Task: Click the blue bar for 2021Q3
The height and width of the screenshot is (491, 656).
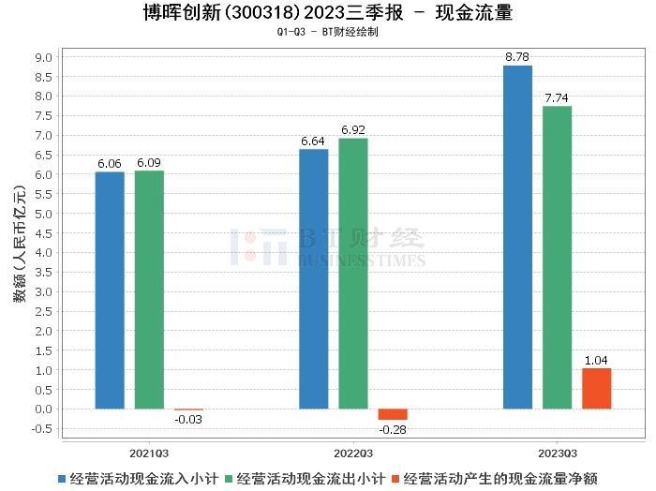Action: pos(110,290)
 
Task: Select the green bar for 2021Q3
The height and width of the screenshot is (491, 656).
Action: pos(149,290)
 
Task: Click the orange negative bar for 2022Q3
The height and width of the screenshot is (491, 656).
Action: pos(393,414)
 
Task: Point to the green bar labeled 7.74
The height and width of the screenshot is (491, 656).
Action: pos(557,258)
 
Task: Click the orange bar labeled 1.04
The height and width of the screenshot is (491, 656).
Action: pos(596,389)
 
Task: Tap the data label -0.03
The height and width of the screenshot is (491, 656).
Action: pos(188,419)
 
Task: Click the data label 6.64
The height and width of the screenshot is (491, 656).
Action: pos(314,141)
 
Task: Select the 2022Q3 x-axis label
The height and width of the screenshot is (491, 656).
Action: pos(353,451)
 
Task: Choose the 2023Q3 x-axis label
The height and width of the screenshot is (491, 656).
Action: pos(557,451)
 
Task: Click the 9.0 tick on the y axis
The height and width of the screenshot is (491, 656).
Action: pos(44,57)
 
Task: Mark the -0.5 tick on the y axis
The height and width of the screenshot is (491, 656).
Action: pos(42,429)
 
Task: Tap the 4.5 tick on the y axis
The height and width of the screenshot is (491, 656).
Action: pos(44,233)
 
